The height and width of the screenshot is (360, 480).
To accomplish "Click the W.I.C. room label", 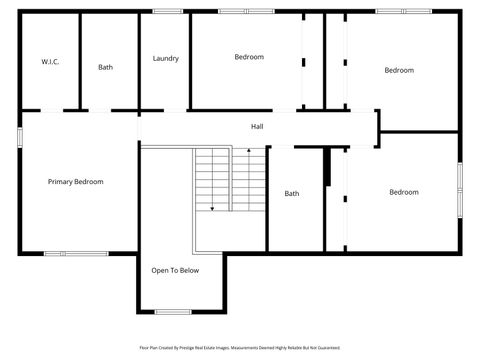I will pos(50,62).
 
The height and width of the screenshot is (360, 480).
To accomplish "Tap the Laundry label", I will pos(166,58).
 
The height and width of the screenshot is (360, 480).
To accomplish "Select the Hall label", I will pos(257,126).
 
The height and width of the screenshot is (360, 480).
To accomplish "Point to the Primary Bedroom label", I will pos(76,182).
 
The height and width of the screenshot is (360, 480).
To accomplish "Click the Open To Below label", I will pos(175,270).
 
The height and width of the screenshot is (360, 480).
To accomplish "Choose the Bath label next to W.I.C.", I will pos(106,67).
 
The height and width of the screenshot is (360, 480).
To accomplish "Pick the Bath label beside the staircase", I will pos(292,193).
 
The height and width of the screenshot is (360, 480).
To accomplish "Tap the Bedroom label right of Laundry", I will pos(249,57).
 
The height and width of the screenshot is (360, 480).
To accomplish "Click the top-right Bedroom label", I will pos(400,70).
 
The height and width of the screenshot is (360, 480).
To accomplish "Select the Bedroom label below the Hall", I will pos(404,192).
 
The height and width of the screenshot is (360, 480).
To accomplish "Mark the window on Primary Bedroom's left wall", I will pos(20,138).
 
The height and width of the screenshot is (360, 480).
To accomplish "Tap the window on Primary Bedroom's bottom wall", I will pos(75,253).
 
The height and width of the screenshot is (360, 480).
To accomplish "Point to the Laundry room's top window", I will pos(167,12).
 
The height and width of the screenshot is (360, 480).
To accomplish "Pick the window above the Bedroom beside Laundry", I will pos(247,12).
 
